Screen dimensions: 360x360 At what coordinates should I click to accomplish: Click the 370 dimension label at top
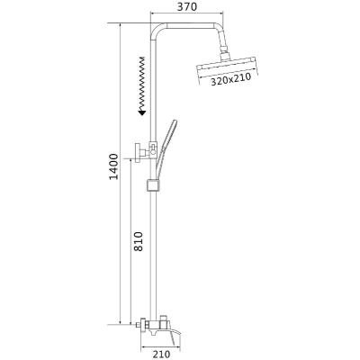tap(186, 6)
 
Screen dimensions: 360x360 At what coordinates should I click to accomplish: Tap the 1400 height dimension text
tap(114, 166)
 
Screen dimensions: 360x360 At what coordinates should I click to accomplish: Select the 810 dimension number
tap(138, 242)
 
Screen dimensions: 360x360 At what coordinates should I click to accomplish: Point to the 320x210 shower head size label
tap(230, 79)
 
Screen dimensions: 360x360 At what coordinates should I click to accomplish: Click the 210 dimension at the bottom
tap(161, 355)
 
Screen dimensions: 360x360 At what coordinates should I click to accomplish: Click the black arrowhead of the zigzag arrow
tap(141, 112)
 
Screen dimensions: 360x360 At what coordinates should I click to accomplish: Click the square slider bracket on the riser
tap(153, 185)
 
